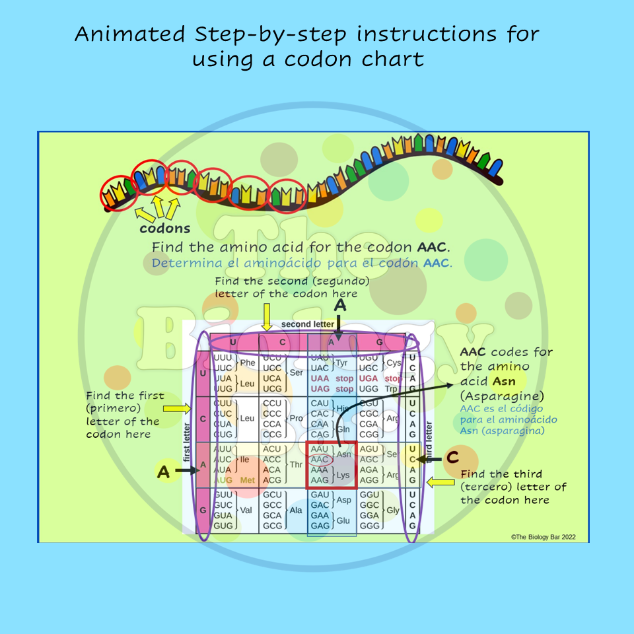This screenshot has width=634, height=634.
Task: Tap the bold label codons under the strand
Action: click(164, 229)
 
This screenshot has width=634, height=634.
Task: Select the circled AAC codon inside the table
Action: click(320, 460)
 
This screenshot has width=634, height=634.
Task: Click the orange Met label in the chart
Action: click(248, 480)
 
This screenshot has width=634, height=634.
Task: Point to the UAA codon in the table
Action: click(320, 378)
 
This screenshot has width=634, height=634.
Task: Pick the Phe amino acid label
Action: click(248, 363)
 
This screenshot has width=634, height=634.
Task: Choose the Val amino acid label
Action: click(246, 510)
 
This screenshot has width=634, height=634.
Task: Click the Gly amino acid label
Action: click(393, 510)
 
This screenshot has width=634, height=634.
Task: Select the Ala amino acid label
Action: click(297, 510)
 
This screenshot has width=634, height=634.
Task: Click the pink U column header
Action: click(232, 342)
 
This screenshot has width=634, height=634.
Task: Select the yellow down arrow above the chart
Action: click(267, 318)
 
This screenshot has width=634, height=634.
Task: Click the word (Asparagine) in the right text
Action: click(503, 396)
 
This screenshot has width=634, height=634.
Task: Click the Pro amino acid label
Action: click(297, 419)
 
